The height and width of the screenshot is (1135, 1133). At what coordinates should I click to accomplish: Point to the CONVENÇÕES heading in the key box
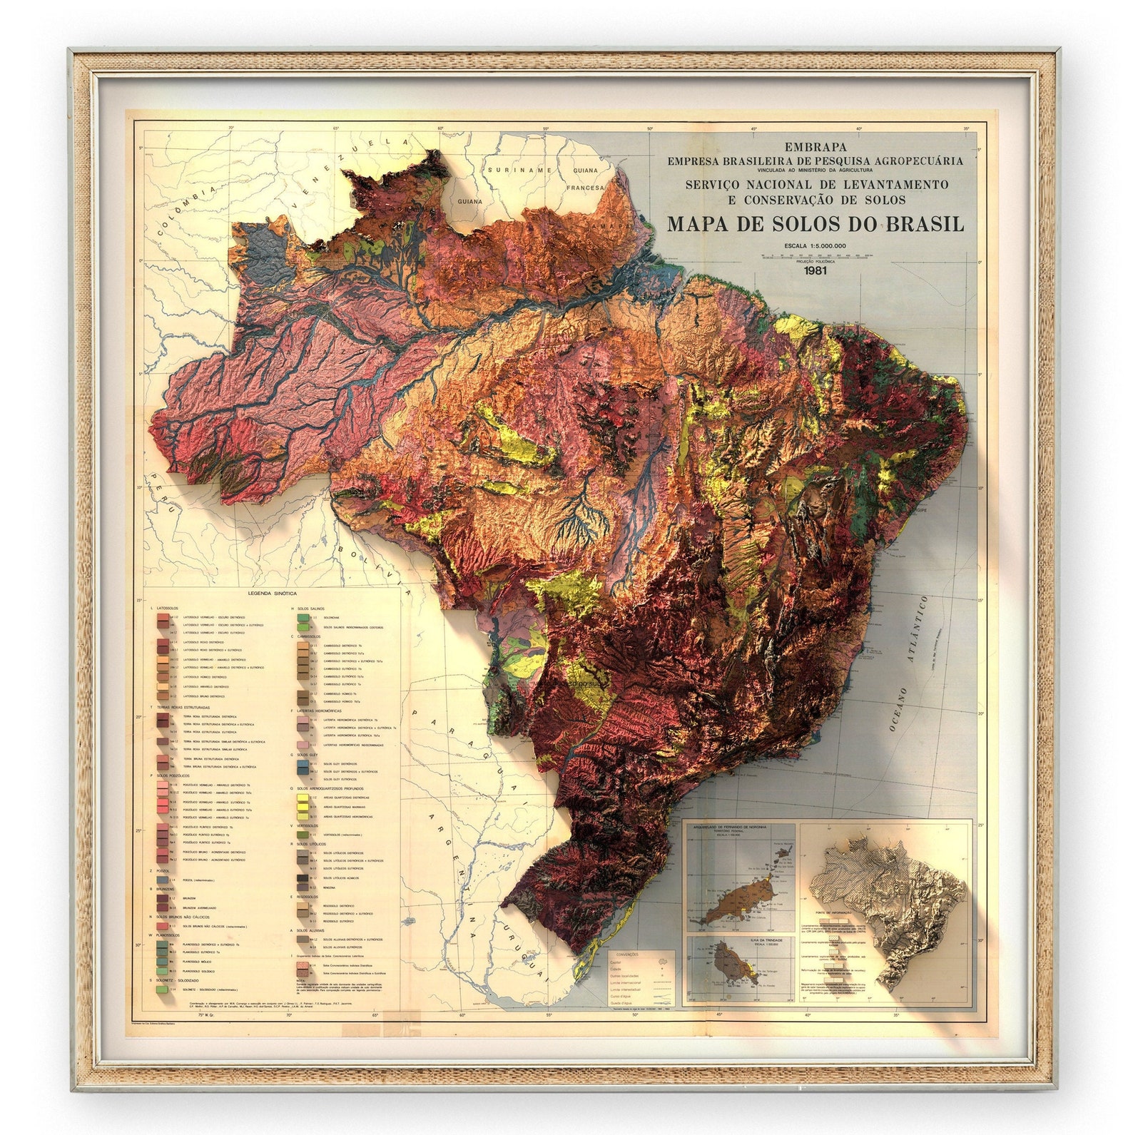(628, 954)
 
